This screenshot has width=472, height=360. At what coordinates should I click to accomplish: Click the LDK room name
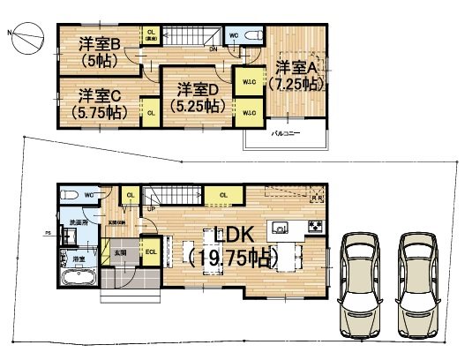(232, 236)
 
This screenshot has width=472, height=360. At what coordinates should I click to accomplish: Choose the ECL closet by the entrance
(150, 252)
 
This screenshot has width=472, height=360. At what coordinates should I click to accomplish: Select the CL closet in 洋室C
(151, 112)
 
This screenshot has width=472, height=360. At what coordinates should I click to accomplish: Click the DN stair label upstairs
(214, 50)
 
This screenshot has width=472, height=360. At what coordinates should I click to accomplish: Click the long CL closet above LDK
(223, 195)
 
